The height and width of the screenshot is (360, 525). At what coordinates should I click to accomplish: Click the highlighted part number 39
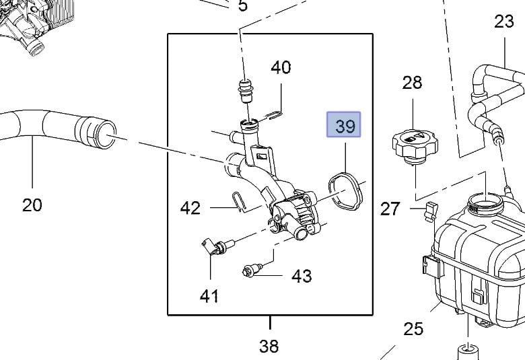[344, 126]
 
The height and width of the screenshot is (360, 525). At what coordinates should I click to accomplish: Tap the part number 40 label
[281, 68]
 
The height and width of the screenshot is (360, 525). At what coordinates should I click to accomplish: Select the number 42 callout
[190, 208]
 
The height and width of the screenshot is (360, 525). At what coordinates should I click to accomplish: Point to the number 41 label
[209, 295]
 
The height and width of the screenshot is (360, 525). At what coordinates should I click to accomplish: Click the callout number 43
[302, 275]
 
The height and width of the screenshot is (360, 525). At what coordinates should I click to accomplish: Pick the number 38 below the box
[269, 346]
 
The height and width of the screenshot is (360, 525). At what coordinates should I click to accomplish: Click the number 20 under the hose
[32, 205]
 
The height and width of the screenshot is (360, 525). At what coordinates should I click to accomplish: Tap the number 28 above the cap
[412, 83]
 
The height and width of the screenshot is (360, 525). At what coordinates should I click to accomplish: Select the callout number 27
[390, 209]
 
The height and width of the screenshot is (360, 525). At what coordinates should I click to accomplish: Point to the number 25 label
[413, 329]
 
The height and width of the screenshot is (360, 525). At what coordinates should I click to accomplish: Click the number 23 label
[503, 22]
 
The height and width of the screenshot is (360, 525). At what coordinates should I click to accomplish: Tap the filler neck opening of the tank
[484, 199]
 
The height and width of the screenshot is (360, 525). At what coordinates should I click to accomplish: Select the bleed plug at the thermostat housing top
[246, 90]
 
